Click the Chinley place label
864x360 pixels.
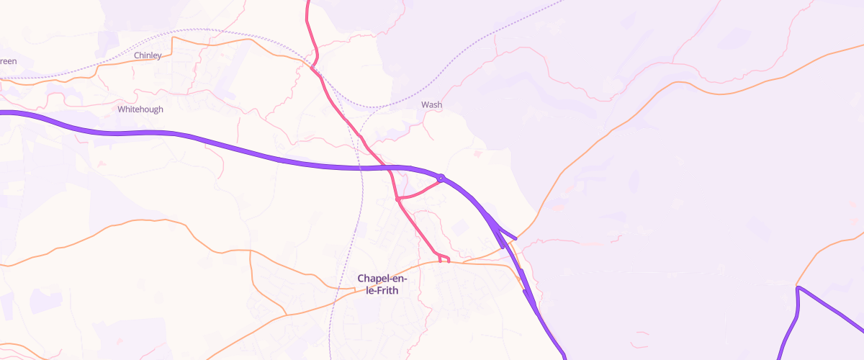148,55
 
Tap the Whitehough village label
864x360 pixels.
140,109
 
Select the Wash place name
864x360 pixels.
431,104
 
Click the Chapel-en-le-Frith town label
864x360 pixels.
382,284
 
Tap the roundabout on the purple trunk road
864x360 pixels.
441,177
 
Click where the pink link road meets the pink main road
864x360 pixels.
397,199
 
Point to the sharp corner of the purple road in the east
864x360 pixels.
798,288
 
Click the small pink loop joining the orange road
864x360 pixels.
444,258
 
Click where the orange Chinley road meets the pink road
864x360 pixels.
312,68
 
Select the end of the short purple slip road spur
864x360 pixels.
516,238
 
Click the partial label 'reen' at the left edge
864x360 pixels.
8,61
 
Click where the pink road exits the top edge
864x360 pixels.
307,2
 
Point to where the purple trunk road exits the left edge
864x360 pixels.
2,112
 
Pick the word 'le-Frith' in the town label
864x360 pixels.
382,291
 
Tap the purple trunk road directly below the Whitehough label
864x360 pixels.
140,133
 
